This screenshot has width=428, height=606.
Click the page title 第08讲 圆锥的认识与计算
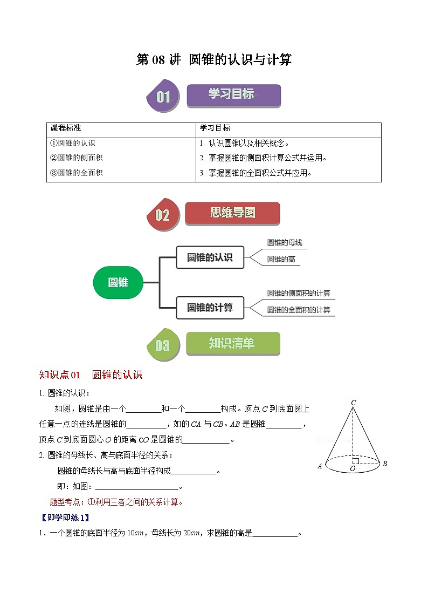coord(214,60)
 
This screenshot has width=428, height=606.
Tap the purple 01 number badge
coord(163,97)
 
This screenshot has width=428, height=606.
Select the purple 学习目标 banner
coord(233,95)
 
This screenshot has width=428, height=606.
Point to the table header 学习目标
coord(215,128)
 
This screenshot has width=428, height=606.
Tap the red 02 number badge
coord(162,215)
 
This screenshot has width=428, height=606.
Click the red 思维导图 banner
coord(232,213)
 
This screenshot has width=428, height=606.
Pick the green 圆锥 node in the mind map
coord(118,282)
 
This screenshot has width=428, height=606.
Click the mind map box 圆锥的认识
coord(210,257)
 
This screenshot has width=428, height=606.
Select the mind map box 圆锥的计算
coord(210,308)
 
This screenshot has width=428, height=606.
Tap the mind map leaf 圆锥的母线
coord(285,243)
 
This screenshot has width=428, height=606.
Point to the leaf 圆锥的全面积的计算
coord(299,310)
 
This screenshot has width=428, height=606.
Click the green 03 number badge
coord(162,345)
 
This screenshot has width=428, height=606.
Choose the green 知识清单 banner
coord(233,343)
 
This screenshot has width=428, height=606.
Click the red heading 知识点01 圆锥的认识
coord(91,375)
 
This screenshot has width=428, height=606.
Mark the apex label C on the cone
coord(353,403)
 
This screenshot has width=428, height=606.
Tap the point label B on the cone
coord(384,464)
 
